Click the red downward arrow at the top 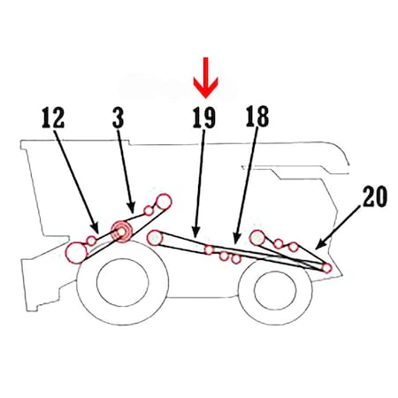pyautogui.click(x=206, y=77)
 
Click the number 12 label pyautogui.click(x=53, y=118)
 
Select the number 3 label pyautogui.click(x=119, y=118)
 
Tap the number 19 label pyautogui.click(x=204, y=118)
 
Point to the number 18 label pyautogui.click(x=257, y=117)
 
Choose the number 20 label pyautogui.click(x=375, y=196)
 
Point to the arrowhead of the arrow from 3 pyautogui.click(x=132, y=208)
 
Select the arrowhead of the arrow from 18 pyautogui.click(x=236, y=238)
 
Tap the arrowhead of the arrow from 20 pyautogui.click(x=320, y=245)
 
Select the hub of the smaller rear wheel pyautogui.click(x=275, y=290)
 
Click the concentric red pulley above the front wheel pyautogui.click(x=121, y=232)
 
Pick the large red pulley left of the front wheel pyautogui.click(x=77, y=253)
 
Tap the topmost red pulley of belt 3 pyautogui.click(x=164, y=202)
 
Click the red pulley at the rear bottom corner pyautogui.click(x=326, y=268)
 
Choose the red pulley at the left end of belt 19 pyautogui.click(x=155, y=238)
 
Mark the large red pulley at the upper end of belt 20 pyautogui.click(x=257, y=238)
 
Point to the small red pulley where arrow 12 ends pyautogui.click(x=92, y=241)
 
